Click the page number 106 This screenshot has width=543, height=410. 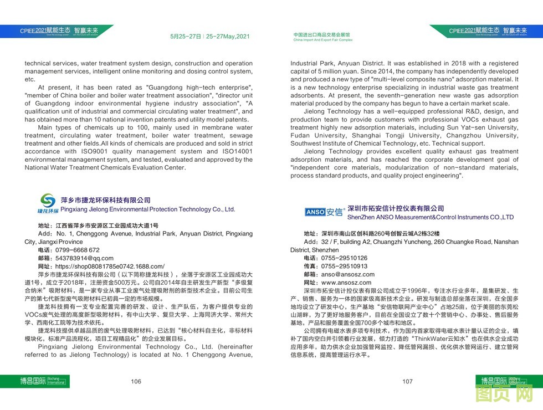tap(136, 381)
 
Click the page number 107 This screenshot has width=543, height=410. tap(407, 381)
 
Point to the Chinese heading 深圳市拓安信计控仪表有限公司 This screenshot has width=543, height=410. tap(396, 208)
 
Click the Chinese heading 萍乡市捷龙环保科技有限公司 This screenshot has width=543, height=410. tap(105, 200)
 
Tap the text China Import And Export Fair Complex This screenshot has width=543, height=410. tap(323, 40)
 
